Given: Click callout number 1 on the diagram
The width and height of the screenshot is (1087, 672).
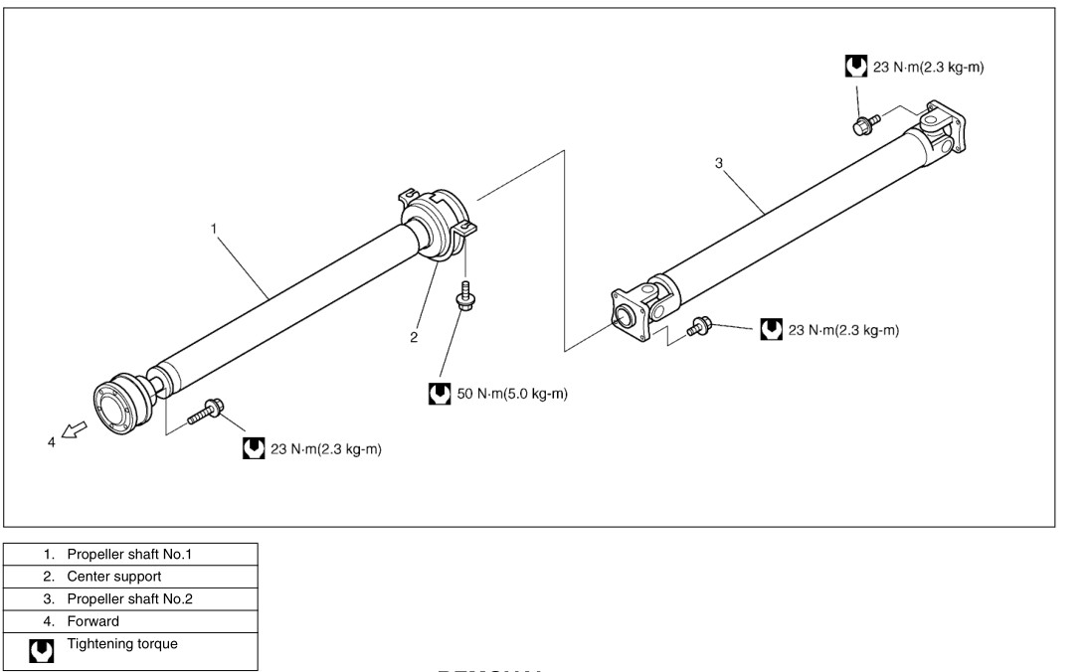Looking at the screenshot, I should [x=214, y=229].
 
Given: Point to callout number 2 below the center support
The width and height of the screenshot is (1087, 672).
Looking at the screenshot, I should [x=414, y=337].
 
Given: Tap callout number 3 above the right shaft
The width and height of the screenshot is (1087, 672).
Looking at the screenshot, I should [x=718, y=163].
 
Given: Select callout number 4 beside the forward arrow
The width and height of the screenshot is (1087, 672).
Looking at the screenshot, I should [x=53, y=442].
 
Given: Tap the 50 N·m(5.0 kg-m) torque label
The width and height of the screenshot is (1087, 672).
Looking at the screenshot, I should [x=512, y=394].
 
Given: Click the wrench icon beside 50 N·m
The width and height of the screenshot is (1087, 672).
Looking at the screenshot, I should [x=439, y=394].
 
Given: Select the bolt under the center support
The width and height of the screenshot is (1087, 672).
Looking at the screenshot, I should [x=463, y=297].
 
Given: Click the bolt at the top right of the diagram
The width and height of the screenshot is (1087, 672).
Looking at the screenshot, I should [x=864, y=123].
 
